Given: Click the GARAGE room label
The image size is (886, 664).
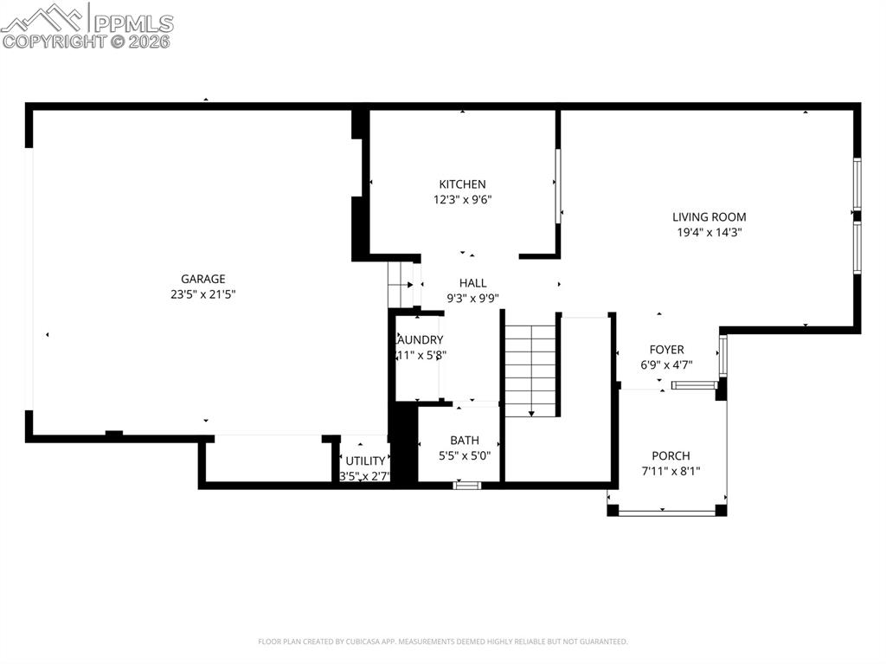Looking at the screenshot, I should pos(203,279).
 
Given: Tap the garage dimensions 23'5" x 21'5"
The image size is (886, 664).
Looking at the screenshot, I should pos(203,294).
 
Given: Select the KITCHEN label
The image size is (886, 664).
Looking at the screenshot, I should pos(462,184).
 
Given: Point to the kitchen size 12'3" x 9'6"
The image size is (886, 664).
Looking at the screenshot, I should pos(462,200).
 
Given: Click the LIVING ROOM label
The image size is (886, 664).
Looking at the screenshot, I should pos(709,217).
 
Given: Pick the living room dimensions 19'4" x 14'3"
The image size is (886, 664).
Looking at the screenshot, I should pos(709,232).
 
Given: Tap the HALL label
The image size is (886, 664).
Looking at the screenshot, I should pos(472,283).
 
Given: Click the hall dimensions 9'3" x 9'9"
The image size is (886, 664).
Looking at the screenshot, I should pos(472,298).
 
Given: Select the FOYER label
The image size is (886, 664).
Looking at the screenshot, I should pos(666,350).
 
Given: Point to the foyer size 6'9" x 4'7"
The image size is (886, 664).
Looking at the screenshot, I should pos(666,364).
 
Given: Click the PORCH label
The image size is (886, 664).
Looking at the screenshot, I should pos(671,456).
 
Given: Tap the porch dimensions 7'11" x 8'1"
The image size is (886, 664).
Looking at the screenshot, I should pos(671,472).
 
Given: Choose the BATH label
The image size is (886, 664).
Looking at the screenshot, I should pos(464,441).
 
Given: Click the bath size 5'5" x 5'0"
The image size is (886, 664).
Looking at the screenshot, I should pos(464,455).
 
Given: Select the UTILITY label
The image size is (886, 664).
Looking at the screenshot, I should pos(365,461).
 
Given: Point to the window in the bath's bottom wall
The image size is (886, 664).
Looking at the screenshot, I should pos(467,486).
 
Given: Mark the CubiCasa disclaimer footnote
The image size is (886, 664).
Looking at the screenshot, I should pos(442,641).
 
